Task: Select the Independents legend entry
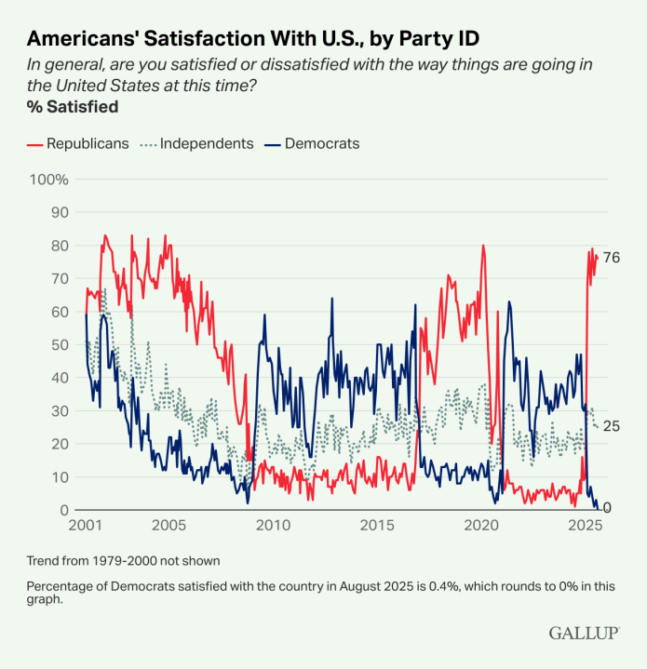(206, 143)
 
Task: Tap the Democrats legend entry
(321, 143)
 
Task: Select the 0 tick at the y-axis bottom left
(64, 510)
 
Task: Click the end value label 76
(612, 258)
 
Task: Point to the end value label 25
(612, 426)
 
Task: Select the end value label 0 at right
(607, 508)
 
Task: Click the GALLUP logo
(584, 633)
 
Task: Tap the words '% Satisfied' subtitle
(73, 107)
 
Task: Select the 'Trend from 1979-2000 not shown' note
(123, 561)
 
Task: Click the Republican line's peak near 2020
(483, 246)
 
